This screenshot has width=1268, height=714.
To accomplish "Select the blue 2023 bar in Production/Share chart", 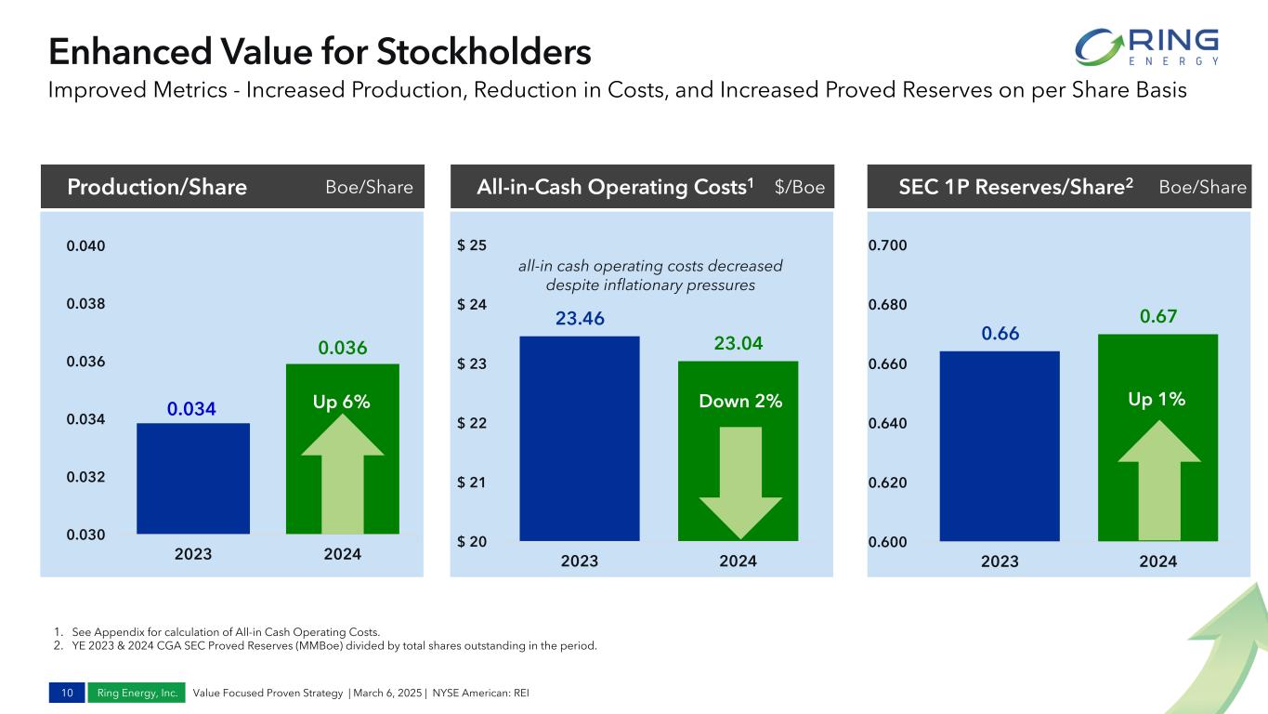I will (193, 478).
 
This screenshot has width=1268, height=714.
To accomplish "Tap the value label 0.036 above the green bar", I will (343, 349).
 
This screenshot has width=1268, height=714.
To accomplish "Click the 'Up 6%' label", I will (342, 402).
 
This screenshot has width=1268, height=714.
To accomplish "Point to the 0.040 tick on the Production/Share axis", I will (85, 246).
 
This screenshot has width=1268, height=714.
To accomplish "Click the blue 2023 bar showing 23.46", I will (580, 438).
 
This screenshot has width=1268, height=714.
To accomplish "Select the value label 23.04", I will (739, 344).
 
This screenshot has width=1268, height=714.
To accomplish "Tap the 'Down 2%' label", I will (739, 402).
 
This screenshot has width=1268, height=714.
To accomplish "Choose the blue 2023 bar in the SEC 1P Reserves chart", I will (1000, 445).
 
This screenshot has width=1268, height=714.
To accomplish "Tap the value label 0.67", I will (1157, 317).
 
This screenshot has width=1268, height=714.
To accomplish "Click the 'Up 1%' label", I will (1157, 400).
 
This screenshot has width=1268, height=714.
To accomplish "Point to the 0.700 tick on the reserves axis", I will (887, 246).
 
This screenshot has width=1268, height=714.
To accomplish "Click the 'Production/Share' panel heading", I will (157, 188).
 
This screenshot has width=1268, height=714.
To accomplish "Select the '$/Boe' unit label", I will (799, 188).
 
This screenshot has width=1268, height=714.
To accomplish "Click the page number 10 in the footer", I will (68, 693).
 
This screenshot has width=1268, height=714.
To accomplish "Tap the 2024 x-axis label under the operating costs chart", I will (739, 562).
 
